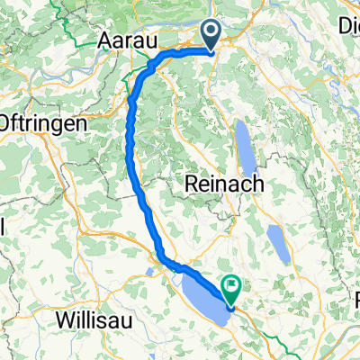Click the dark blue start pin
[x=212, y=36]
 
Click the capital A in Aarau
[x=104, y=41]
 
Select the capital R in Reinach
[x=192, y=183]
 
